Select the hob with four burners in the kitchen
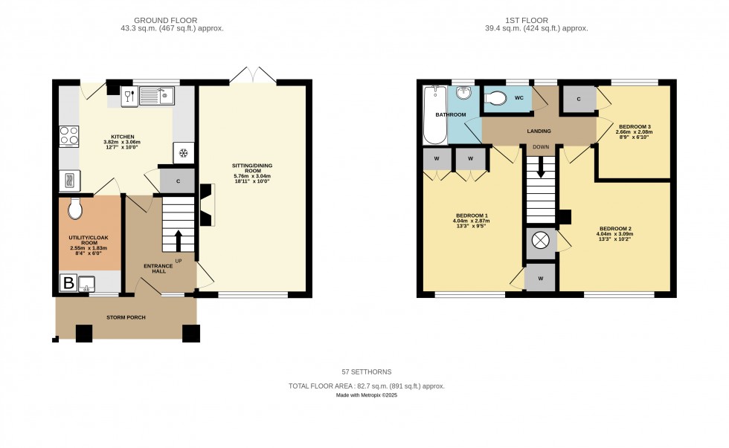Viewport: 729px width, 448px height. (69, 136)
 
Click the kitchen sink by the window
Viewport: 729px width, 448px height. (156, 95)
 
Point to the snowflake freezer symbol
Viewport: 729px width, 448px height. (184, 153)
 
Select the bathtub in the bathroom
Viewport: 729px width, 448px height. (433, 115)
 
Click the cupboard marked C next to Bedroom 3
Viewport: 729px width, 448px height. (578, 99)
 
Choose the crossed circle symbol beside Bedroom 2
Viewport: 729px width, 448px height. (541, 241)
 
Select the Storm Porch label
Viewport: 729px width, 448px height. (125, 317)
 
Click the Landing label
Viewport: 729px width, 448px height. (539, 132)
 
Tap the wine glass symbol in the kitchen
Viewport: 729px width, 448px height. (128, 95)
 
